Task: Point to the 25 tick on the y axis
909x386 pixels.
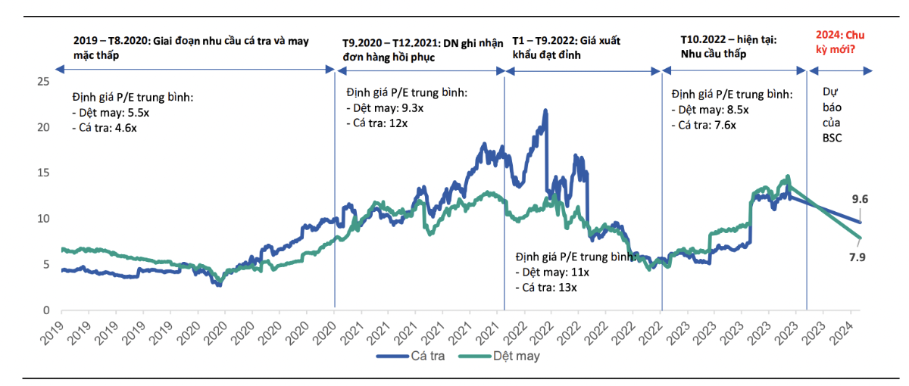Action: point(43,82)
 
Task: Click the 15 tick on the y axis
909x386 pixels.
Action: point(43,173)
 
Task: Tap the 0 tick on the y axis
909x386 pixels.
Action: point(46,310)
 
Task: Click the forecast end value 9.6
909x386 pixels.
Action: point(860,200)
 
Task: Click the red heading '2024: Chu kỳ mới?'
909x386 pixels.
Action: point(840,42)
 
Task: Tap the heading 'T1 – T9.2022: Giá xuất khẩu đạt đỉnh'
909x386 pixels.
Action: point(561,48)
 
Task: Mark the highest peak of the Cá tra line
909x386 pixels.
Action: point(545,111)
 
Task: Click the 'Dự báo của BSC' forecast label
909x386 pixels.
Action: point(832,114)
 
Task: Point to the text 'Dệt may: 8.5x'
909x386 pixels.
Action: point(711,111)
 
